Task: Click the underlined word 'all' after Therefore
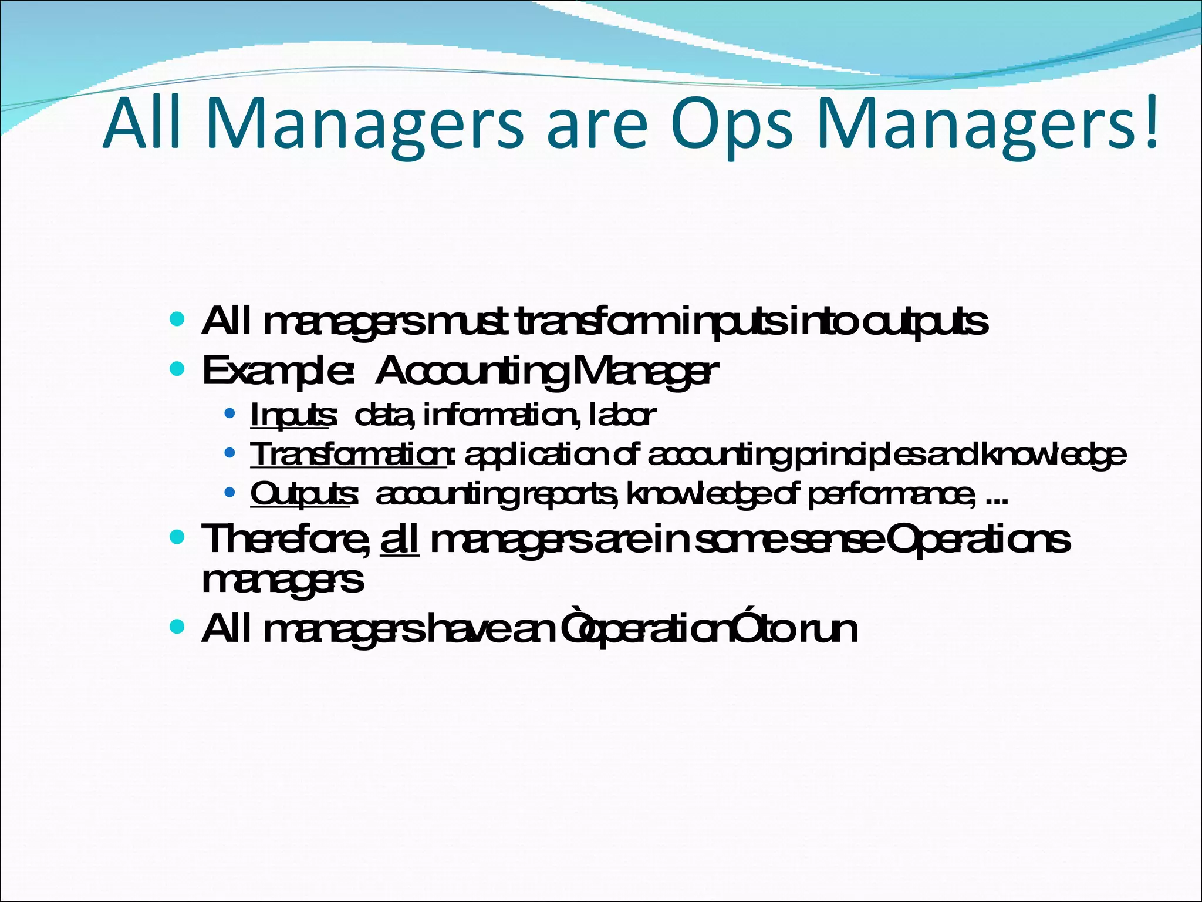(x=400, y=539)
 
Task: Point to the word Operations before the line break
(x=978, y=539)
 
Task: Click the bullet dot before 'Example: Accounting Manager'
(x=177, y=369)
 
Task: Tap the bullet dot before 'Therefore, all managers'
(x=177, y=537)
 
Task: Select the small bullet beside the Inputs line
(x=230, y=413)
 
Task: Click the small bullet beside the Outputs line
(x=230, y=492)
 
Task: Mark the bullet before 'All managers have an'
(x=177, y=627)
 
